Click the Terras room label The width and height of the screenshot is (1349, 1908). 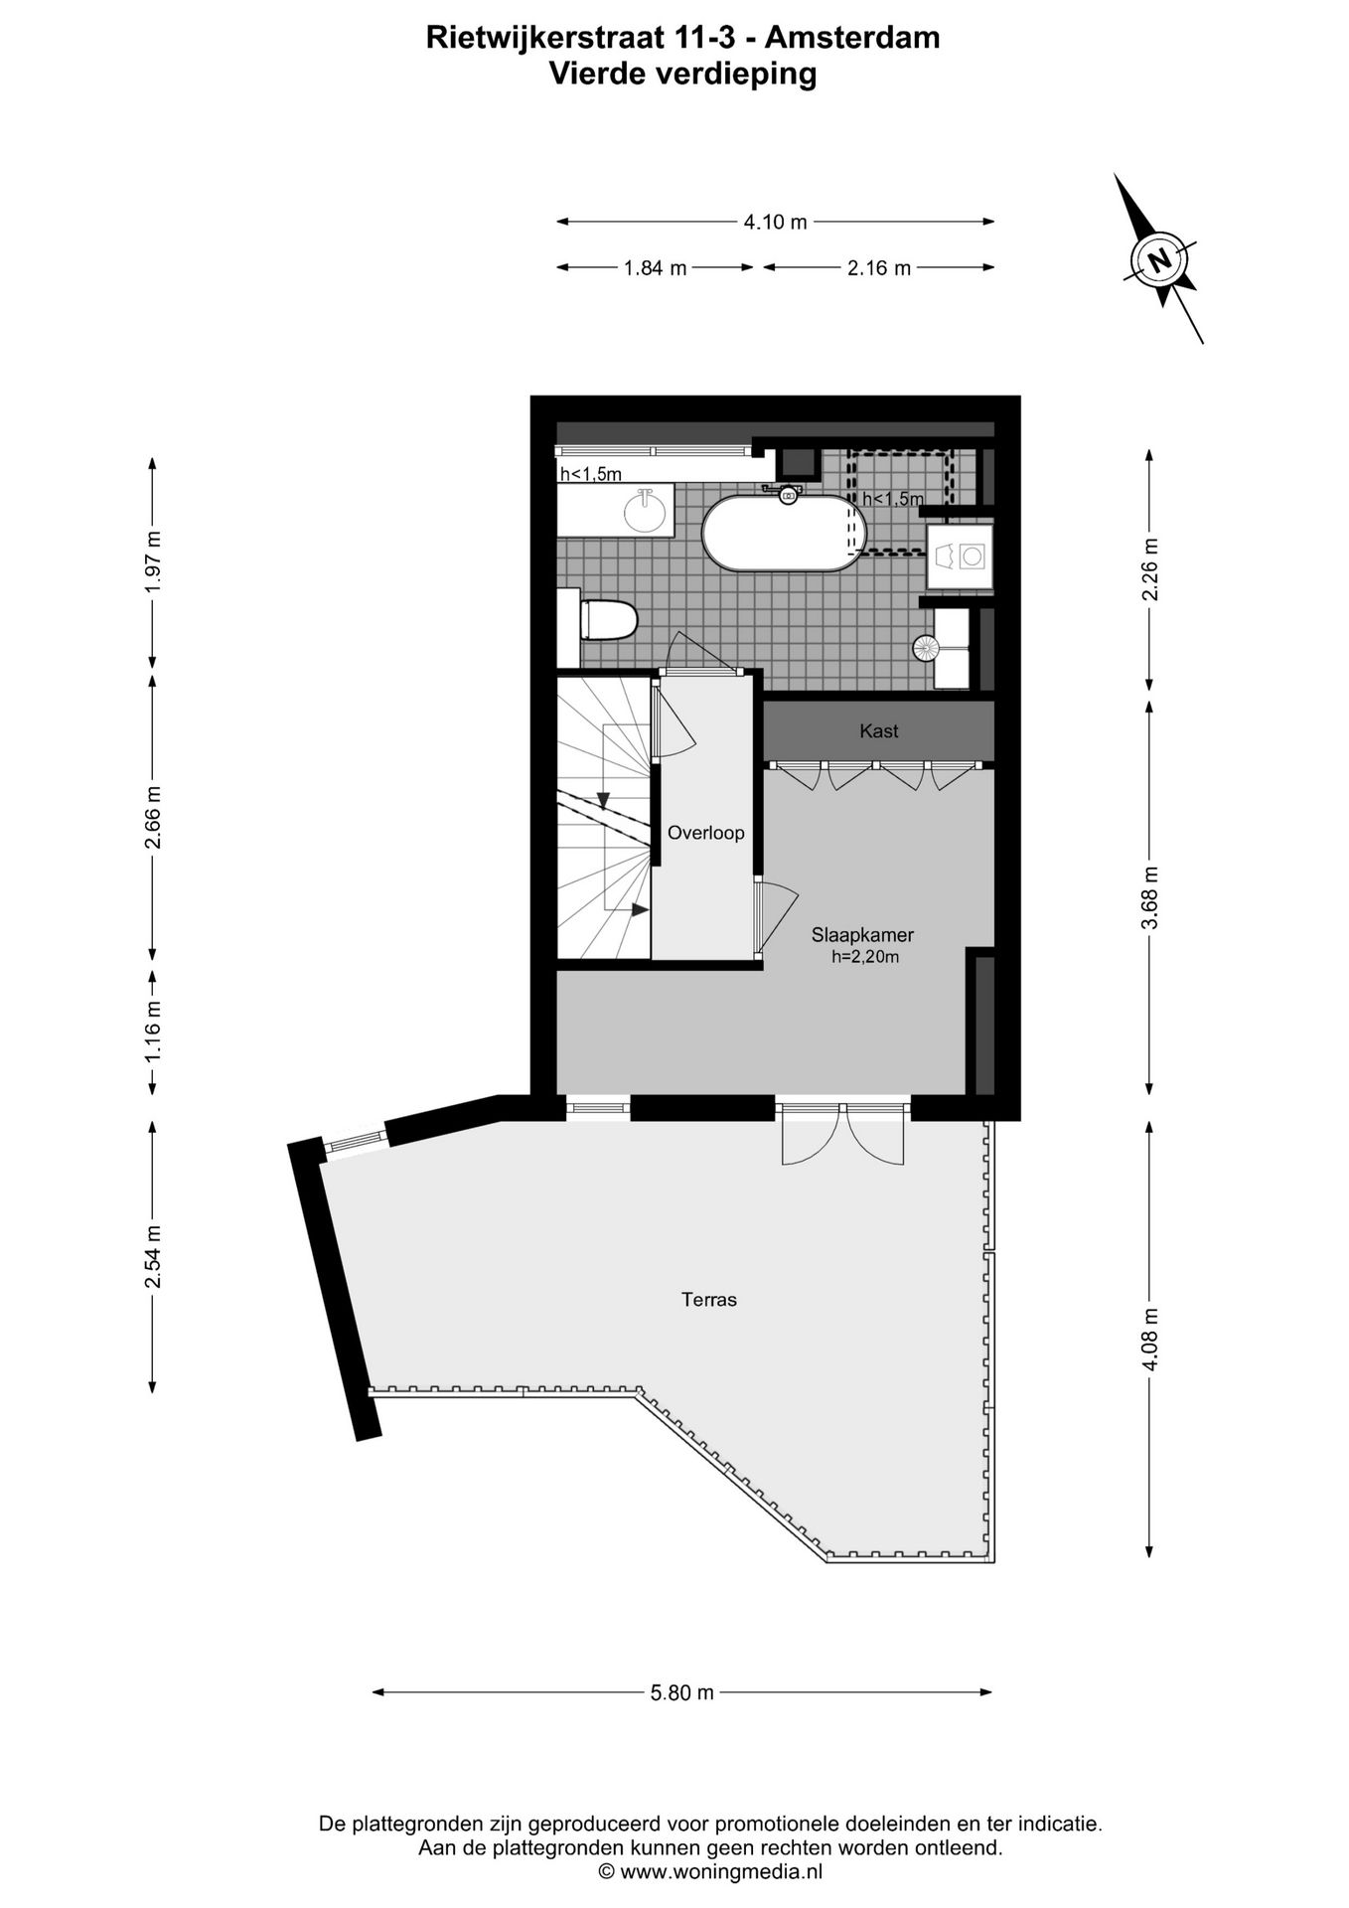(x=708, y=1299)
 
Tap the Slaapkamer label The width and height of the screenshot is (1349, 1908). (x=862, y=934)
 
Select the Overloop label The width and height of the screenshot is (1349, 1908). (x=705, y=833)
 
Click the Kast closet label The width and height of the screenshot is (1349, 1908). (x=878, y=731)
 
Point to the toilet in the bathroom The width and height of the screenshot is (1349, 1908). (x=607, y=620)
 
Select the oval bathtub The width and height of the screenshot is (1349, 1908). (x=784, y=533)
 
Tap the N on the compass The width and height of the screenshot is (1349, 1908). (x=1158, y=261)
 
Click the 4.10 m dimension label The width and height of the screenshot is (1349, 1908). (x=775, y=222)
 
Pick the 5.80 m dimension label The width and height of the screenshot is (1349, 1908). (x=682, y=1692)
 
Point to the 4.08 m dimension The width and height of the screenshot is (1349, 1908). (x=1149, y=1339)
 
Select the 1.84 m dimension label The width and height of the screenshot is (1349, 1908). (x=655, y=267)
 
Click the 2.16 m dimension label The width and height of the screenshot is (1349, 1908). (x=879, y=267)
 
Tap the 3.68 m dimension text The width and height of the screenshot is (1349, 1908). (x=1149, y=897)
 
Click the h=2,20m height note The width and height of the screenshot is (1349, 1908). (x=865, y=957)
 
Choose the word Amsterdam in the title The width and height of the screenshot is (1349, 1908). (x=855, y=38)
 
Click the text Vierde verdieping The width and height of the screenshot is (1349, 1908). (x=682, y=74)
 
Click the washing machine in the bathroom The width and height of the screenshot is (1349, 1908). (x=960, y=556)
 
